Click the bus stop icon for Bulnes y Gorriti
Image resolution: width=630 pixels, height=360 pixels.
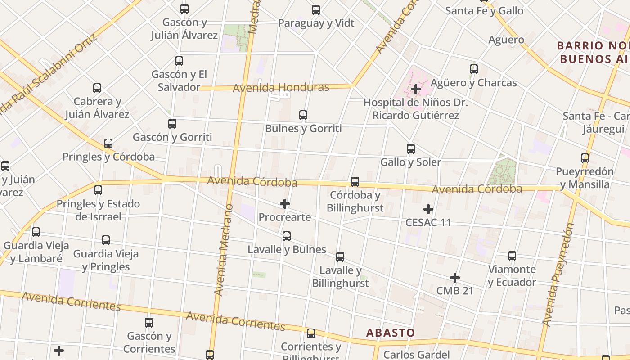(x=303, y=115)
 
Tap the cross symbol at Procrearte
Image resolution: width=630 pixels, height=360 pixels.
(x=285, y=204)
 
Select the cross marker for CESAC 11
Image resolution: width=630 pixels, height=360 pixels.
(x=428, y=209)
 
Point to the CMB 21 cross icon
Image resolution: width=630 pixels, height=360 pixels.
(x=455, y=278)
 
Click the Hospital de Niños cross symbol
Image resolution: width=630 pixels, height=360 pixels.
(x=416, y=89)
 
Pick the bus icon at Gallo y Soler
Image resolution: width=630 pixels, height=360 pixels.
(x=411, y=149)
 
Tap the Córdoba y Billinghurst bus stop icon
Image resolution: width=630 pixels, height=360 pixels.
(x=355, y=182)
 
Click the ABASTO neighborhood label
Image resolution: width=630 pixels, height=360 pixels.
(x=391, y=333)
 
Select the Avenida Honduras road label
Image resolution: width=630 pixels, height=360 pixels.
(x=281, y=87)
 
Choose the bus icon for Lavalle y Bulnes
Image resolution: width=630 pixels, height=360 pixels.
(x=287, y=236)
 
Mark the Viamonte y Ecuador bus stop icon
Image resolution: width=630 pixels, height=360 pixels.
(x=512, y=256)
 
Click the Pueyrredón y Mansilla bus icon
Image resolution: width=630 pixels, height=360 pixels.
(x=585, y=158)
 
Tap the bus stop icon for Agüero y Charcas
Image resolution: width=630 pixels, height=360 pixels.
(x=474, y=69)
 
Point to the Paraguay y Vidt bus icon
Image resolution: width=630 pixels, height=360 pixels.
(x=316, y=10)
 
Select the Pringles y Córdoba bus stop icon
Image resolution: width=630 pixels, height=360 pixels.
(x=108, y=144)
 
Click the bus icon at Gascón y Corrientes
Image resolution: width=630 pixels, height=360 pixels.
(x=149, y=323)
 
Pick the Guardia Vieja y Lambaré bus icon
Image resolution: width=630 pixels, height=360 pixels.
(x=36, y=232)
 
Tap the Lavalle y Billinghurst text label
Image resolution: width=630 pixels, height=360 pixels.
(x=340, y=277)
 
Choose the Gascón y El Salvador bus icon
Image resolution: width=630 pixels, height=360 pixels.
(x=179, y=61)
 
